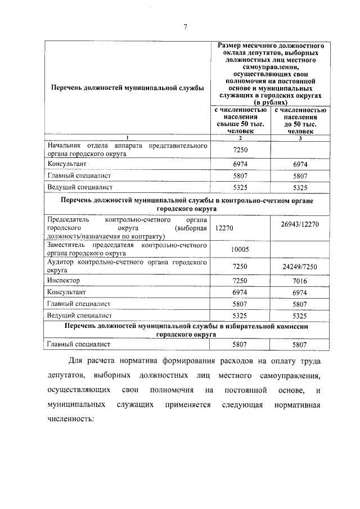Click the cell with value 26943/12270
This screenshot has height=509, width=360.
click(300, 224)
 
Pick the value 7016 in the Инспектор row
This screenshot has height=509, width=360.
click(300, 280)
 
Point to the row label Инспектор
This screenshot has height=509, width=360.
click(64, 280)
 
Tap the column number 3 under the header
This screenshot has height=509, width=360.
click(300, 138)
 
